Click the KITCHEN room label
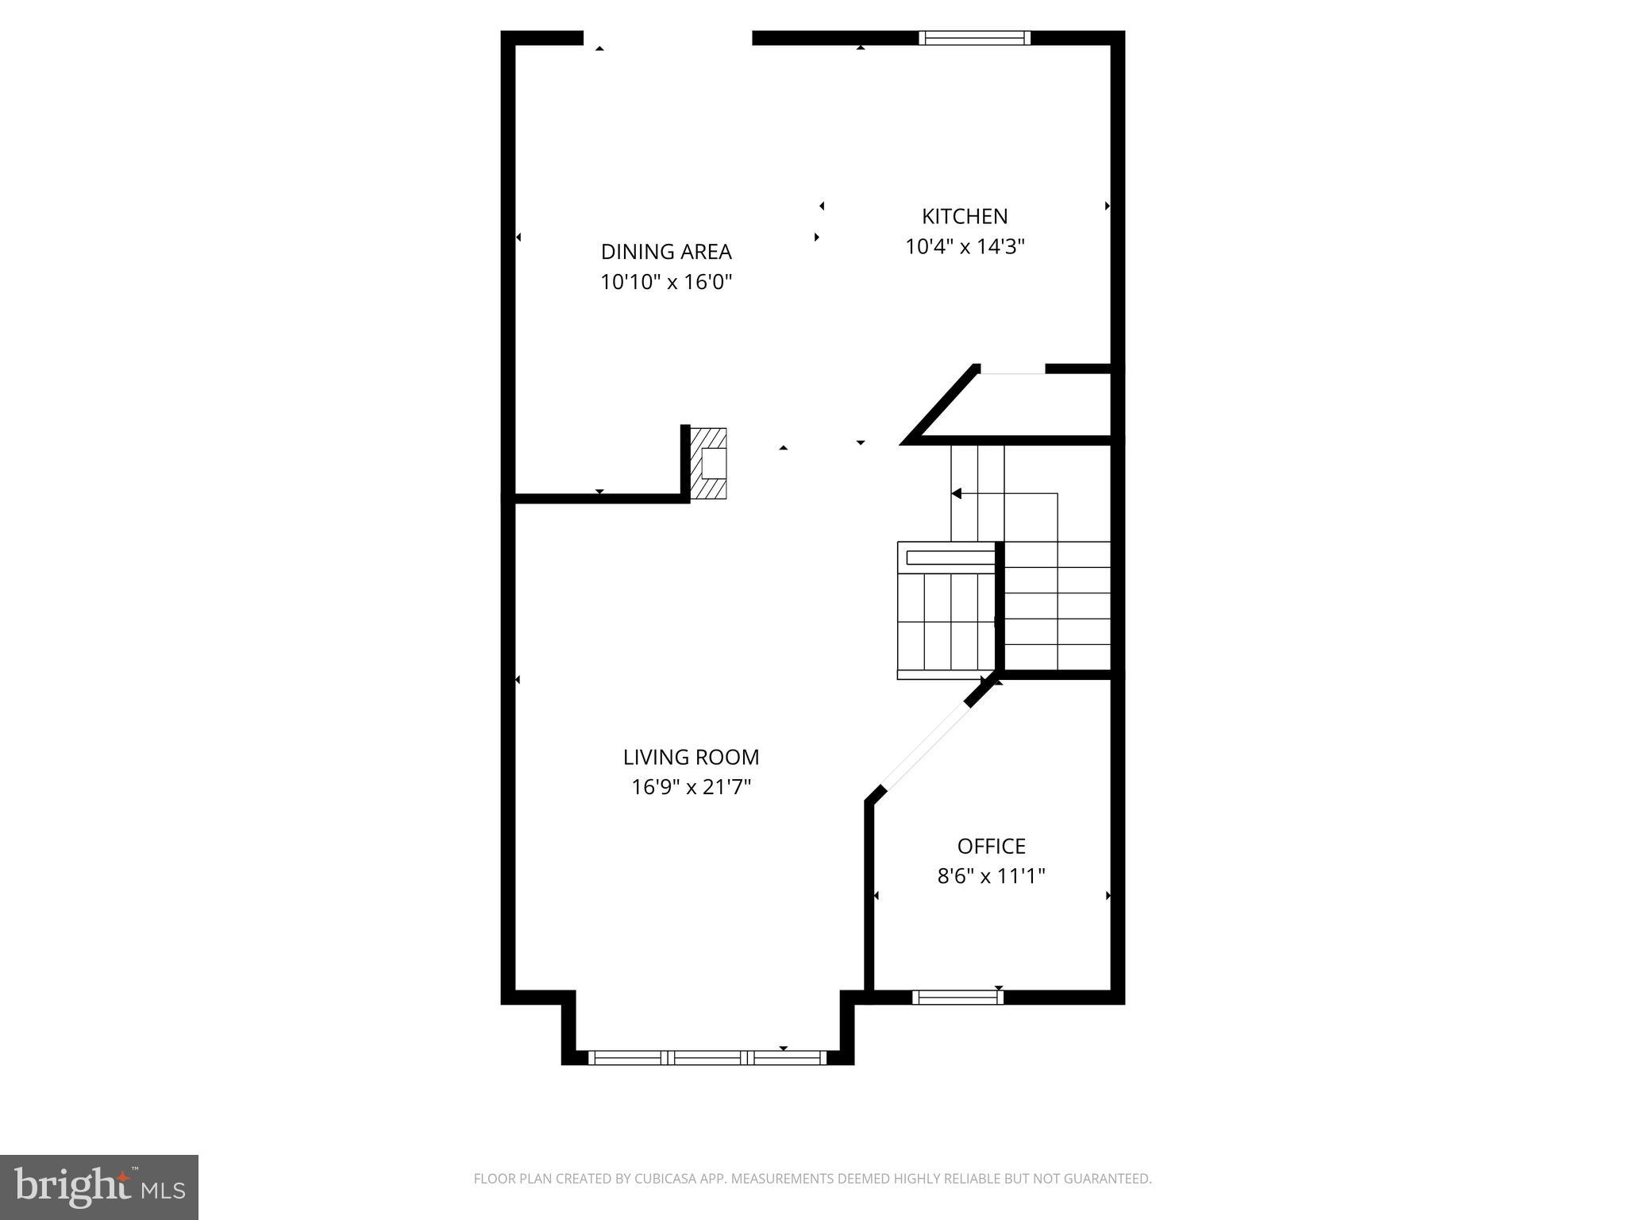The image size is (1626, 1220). pyautogui.click(x=965, y=216)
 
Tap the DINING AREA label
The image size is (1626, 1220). pyautogui.click(x=666, y=252)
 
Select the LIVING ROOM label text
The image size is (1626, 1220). pyautogui.click(x=691, y=757)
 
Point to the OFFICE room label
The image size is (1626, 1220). pyautogui.click(x=991, y=846)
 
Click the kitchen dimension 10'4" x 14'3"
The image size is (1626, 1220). pyautogui.click(x=965, y=247)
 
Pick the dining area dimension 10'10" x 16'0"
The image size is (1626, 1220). pyautogui.click(x=666, y=282)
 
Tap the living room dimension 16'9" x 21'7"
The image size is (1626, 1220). pyautogui.click(x=691, y=787)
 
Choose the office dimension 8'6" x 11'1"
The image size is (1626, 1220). pyautogui.click(x=991, y=876)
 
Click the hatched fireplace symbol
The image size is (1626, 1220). pyautogui.click(x=708, y=464)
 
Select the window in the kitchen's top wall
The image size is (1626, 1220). pyautogui.click(x=974, y=37)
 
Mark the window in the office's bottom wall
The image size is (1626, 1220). pyautogui.click(x=957, y=997)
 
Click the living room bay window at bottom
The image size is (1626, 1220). pyautogui.click(x=707, y=1057)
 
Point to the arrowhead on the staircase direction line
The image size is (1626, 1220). pyautogui.click(x=957, y=493)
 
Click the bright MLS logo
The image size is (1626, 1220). pyautogui.click(x=98, y=1187)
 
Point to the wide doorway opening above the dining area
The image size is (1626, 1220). pyautogui.click(x=668, y=37)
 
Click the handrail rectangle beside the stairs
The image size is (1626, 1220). pyautogui.click(x=950, y=558)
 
